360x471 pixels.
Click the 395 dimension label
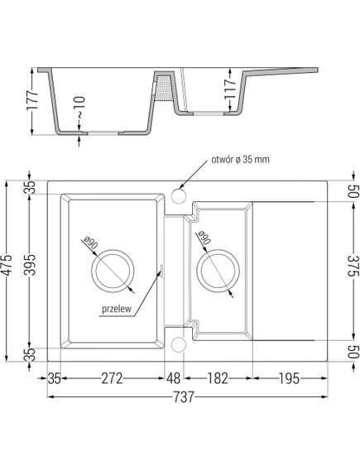pyautogui.click(x=30, y=269)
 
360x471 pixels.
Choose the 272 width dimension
pyautogui.click(x=113, y=379)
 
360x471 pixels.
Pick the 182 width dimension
pyautogui.click(x=216, y=379)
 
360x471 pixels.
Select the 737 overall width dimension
pyautogui.click(x=185, y=398)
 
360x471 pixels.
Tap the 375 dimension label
pyautogui.click(x=353, y=270)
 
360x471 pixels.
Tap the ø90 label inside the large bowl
pyautogui.click(x=90, y=244)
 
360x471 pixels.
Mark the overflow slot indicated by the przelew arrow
pyautogui.click(x=162, y=268)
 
